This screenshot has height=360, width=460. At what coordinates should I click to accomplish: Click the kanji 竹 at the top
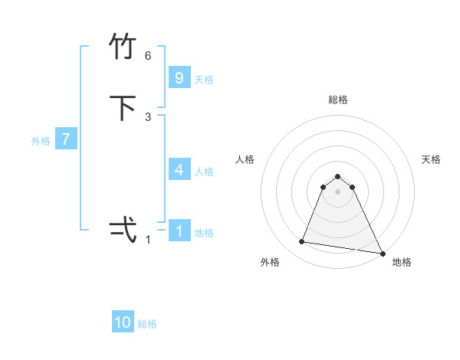[x=123, y=48]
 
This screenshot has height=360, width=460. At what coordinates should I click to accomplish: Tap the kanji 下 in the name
[x=123, y=108]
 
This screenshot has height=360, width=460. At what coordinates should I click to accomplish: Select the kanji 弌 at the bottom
[x=123, y=229]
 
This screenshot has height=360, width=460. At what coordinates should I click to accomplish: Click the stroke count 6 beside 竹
[x=148, y=56]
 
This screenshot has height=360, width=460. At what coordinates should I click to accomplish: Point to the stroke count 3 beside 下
[x=148, y=116]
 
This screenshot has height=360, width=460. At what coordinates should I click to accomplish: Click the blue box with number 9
[x=179, y=77]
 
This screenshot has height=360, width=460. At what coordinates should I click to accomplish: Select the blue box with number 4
[x=179, y=169]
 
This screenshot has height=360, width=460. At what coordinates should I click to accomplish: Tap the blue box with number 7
[x=66, y=139]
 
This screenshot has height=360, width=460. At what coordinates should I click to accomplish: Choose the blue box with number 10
[x=123, y=322]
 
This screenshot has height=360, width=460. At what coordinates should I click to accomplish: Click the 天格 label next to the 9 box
[x=204, y=80]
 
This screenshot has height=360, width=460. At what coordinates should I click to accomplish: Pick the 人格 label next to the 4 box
[x=204, y=172]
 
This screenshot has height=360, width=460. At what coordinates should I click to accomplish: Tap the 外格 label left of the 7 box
[x=41, y=141]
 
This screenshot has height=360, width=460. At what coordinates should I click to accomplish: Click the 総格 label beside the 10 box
[x=147, y=324]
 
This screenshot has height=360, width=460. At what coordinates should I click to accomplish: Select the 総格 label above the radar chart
[x=337, y=100]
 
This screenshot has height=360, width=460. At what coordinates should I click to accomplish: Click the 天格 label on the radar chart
[x=431, y=159]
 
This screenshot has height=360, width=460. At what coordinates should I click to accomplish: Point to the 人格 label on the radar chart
[x=245, y=159]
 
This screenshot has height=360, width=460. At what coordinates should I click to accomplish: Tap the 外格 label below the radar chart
[x=269, y=262]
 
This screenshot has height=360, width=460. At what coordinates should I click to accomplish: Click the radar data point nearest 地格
[x=382, y=254]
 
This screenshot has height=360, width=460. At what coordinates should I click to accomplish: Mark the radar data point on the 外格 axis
[x=302, y=242]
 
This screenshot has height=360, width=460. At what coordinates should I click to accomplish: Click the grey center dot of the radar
[x=337, y=191]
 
